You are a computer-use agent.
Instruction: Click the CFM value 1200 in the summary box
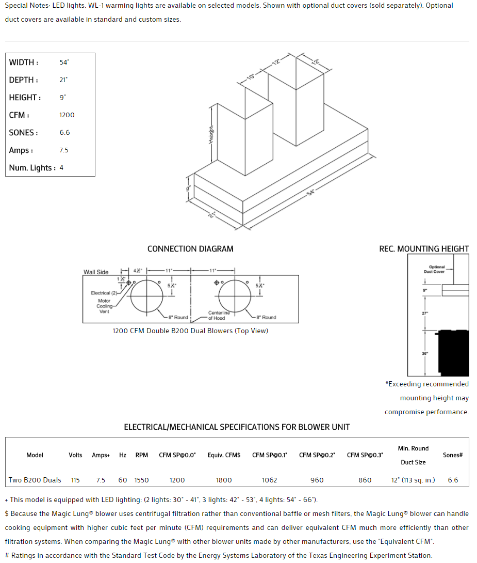coord(67,115)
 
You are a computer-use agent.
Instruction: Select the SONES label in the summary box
coord(23,133)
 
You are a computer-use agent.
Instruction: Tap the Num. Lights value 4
coord(61,168)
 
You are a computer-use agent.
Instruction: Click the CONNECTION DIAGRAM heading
coord(190,249)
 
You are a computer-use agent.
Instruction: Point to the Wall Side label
coord(96,272)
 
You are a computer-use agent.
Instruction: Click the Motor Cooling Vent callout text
coord(104,306)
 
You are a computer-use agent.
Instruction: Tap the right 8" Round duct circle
coord(235,295)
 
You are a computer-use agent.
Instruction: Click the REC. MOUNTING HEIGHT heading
coord(424,249)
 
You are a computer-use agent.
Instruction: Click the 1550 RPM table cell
coord(142,480)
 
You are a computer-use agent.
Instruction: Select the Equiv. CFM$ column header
coord(224,455)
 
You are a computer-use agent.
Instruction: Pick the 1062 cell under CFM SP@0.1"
coord(269,480)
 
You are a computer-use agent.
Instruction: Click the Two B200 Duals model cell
coord(35,480)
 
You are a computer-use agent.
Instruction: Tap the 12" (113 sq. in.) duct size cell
coord(413,480)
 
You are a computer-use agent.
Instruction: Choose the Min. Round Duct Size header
coord(413,455)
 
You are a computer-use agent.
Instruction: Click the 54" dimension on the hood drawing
coord(310,193)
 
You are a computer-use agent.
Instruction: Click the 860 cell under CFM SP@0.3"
coord(365,480)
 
